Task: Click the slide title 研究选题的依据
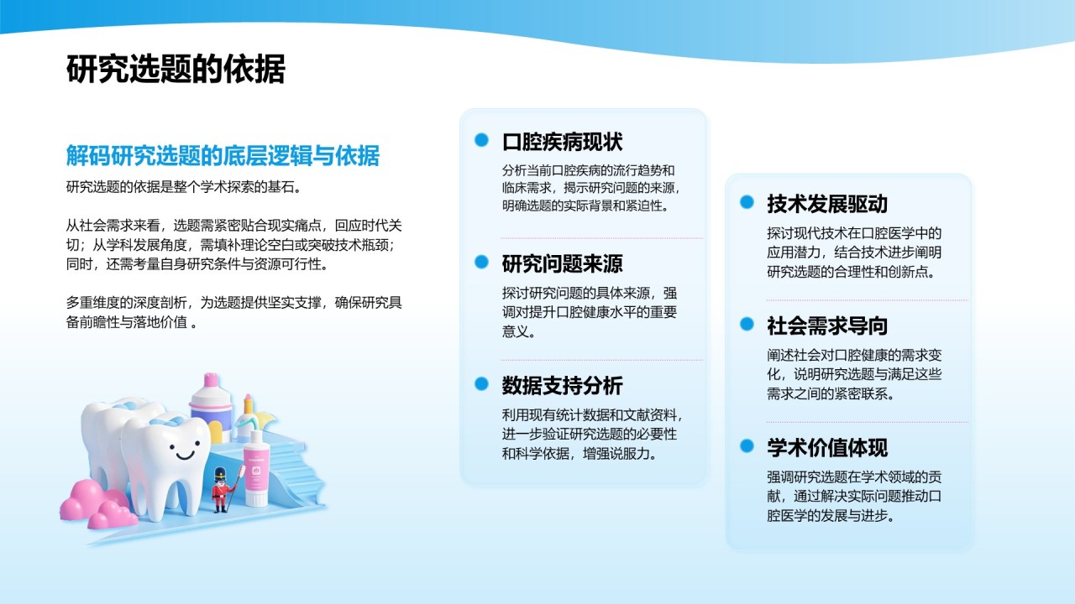pyautogui.click(x=176, y=70)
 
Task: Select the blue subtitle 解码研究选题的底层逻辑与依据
pyautogui.click(x=223, y=155)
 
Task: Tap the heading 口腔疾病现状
pyautogui.click(x=562, y=141)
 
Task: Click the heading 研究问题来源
pyautogui.click(x=562, y=263)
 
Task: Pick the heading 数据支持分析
pyautogui.click(x=562, y=385)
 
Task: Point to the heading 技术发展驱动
pyautogui.click(x=826, y=204)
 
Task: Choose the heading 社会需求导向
pyautogui.click(x=826, y=325)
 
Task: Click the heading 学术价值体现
pyautogui.click(x=826, y=447)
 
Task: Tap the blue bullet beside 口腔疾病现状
pyautogui.click(x=481, y=140)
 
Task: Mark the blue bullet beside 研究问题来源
pyautogui.click(x=481, y=262)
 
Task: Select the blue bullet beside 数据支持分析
pyautogui.click(x=481, y=384)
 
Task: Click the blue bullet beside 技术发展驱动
pyautogui.click(x=747, y=202)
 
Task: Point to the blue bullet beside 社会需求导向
pyautogui.click(x=747, y=324)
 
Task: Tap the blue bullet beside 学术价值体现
pyautogui.click(x=747, y=446)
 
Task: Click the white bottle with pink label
pyautogui.click(x=255, y=473)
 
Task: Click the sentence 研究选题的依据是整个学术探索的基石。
pyautogui.click(x=183, y=186)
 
